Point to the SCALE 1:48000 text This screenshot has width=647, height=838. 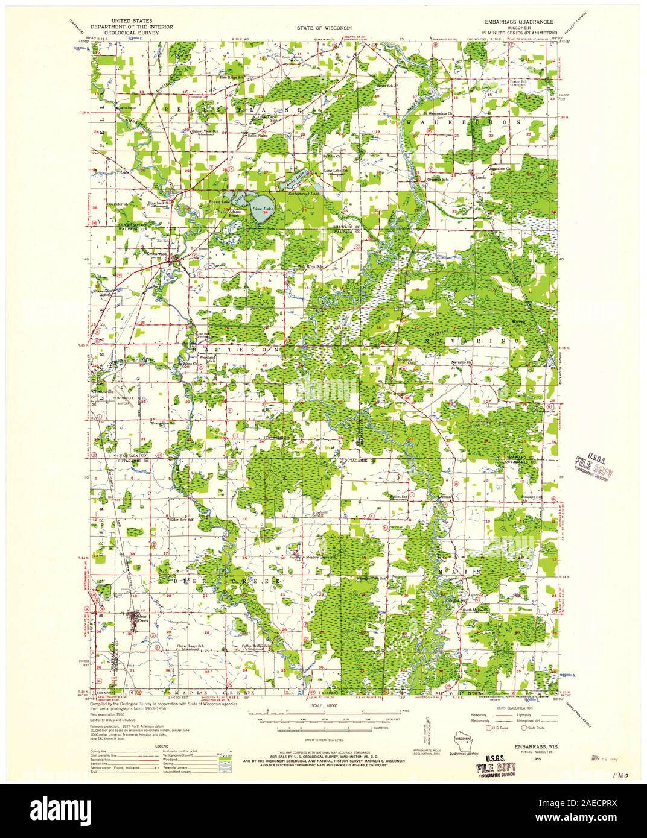click(x=324, y=704)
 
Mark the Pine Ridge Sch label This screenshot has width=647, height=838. click(x=231, y=78)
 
